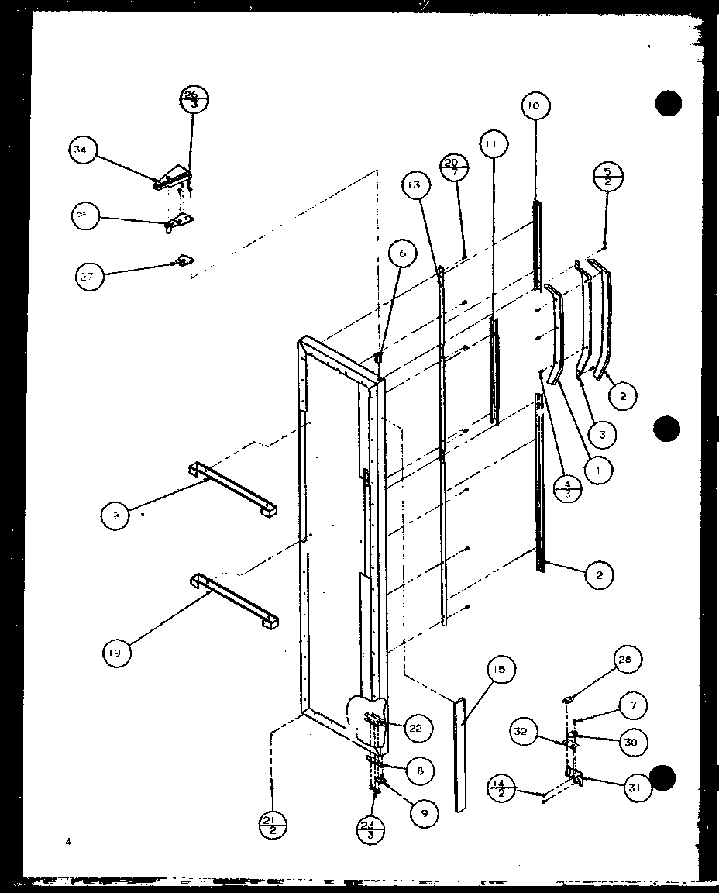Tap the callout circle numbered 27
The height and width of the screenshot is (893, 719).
tap(90, 275)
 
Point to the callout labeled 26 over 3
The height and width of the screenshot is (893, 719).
tap(194, 100)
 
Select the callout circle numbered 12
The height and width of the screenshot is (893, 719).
tap(598, 574)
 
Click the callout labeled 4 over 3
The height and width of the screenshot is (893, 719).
tap(568, 489)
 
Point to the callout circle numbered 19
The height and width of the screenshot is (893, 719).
tap(116, 653)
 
